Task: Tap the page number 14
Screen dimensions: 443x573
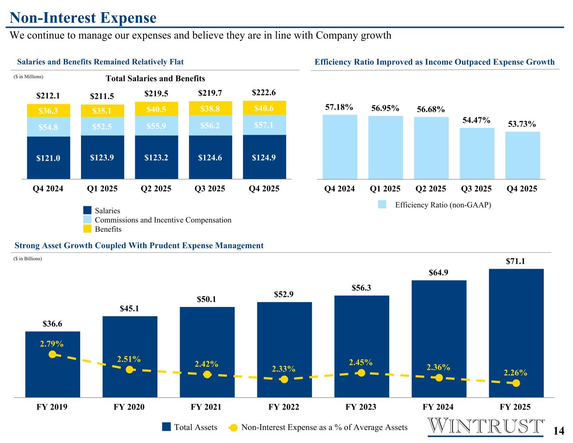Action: coord(558,431)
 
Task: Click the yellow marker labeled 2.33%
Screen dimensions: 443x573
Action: coord(284,379)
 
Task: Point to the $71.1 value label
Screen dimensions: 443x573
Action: coord(516,261)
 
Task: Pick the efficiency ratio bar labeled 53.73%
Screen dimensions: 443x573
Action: coord(523,155)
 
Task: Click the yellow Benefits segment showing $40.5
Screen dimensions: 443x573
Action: coord(157,109)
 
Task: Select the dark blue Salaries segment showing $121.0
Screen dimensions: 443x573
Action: coord(49,158)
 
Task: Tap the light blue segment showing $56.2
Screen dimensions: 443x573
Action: coord(210,125)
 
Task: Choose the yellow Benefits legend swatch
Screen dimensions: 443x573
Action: coord(87,229)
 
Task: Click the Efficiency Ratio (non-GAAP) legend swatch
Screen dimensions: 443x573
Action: coord(382,204)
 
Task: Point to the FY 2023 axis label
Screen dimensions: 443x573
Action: coord(361,407)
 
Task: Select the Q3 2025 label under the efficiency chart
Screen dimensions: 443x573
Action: coord(476,189)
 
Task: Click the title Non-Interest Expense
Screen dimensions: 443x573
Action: coord(83,18)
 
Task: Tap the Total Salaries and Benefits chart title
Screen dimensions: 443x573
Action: coord(155,79)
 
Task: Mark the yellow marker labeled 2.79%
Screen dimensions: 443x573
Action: coord(52,354)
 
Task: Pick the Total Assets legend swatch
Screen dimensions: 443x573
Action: coord(167,427)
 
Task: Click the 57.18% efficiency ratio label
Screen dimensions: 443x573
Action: coord(339,107)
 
